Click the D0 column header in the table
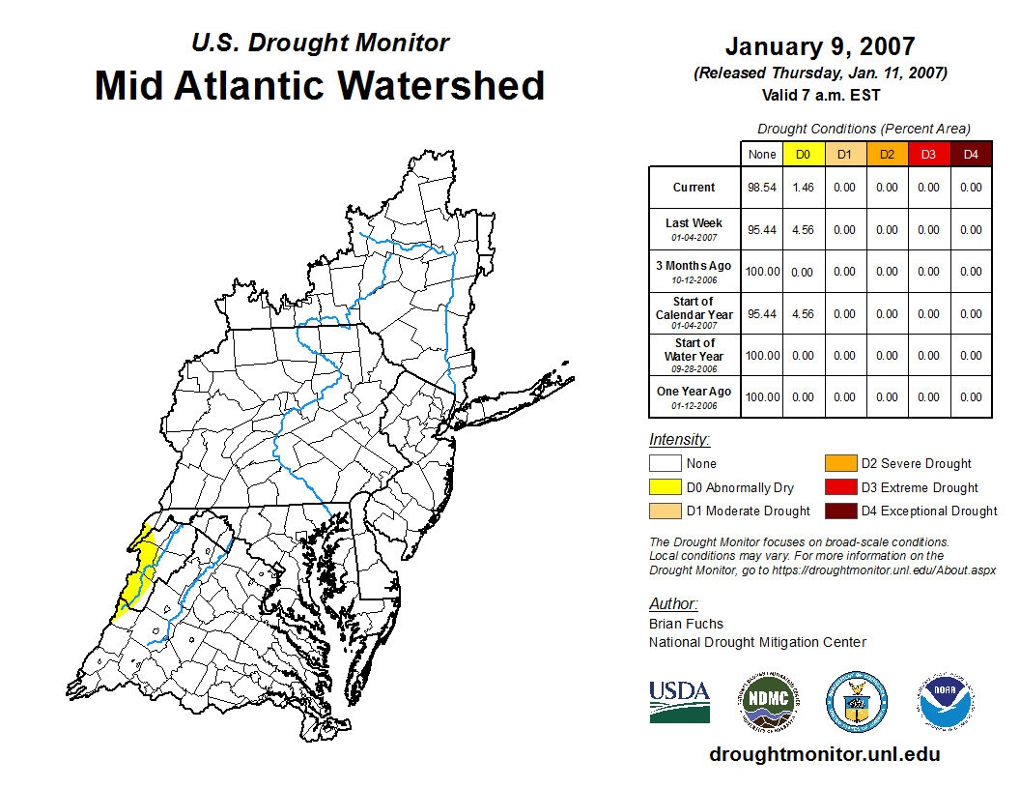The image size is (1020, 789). (803, 155)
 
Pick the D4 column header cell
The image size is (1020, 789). (971, 155)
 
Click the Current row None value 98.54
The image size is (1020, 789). (761, 188)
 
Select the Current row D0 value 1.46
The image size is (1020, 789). (803, 188)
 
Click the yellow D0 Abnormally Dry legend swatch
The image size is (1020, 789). (665, 487)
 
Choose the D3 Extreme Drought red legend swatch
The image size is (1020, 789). (839, 487)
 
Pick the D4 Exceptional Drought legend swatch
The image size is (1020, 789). (839, 511)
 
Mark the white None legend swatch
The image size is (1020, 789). (665, 464)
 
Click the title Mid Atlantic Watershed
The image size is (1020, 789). (320, 85)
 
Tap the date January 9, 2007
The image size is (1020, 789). (819, 46)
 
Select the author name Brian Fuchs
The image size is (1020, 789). (686, 624)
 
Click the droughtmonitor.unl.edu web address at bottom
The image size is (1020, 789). (824, 754)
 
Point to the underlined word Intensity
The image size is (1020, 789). (679, 439)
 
